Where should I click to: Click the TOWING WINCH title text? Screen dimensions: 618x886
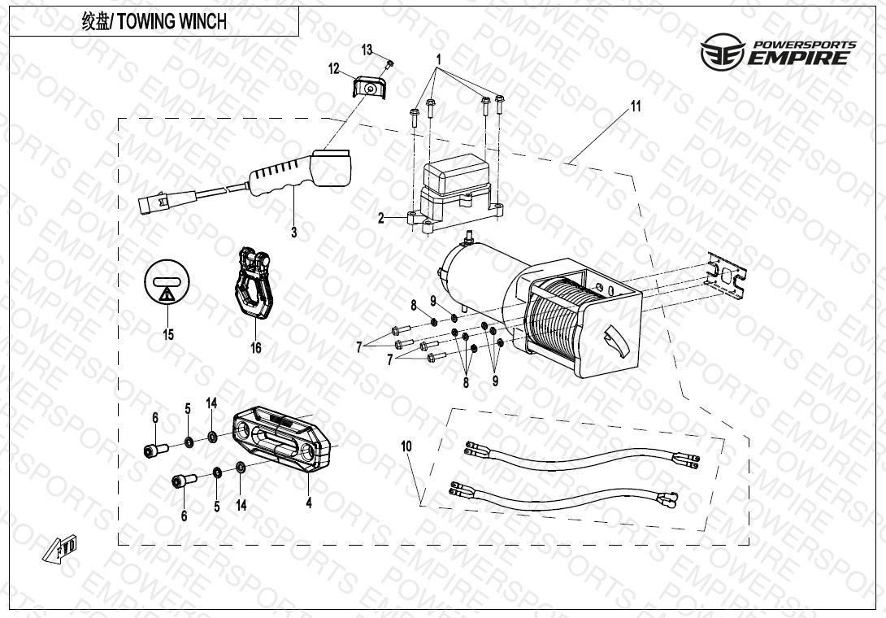[x=154, y=22]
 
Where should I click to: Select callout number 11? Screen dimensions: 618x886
[x=636, y=107]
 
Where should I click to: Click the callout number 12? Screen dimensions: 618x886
[x=334, y=68]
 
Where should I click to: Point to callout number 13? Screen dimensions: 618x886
[x=367, y=50]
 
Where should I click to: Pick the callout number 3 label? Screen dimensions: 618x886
[x=293, y=233]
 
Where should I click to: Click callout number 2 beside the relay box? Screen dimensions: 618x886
[x=380, y=217]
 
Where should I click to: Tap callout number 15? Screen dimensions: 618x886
[x=168, y=335]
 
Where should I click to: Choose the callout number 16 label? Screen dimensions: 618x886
[x=256, y=348]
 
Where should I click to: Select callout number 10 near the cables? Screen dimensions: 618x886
[x=406, y=446]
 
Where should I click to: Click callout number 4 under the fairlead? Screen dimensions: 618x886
[x=309, y=503]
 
